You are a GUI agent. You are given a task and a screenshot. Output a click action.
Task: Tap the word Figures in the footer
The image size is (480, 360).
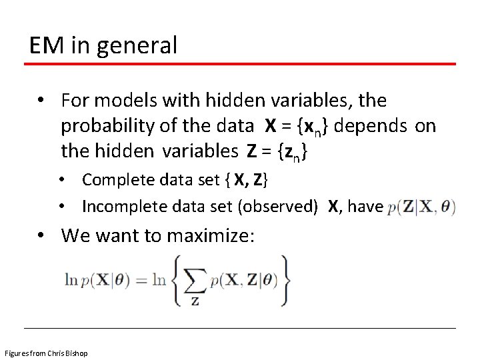15,352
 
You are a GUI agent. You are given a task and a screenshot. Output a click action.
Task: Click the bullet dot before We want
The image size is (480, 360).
41,235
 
